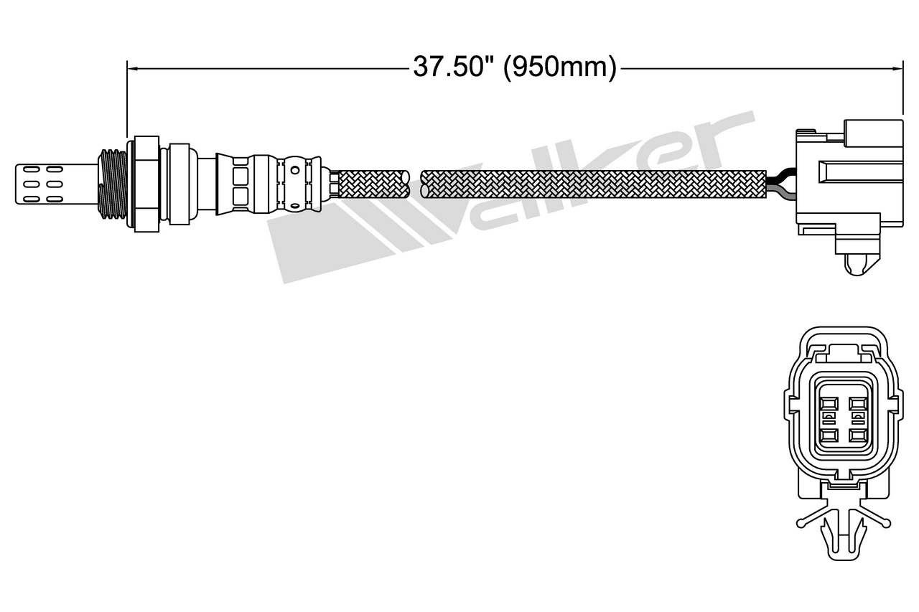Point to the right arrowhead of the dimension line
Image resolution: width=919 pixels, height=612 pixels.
pos(897,69)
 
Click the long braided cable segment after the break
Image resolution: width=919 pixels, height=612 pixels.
pos(593,184)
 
